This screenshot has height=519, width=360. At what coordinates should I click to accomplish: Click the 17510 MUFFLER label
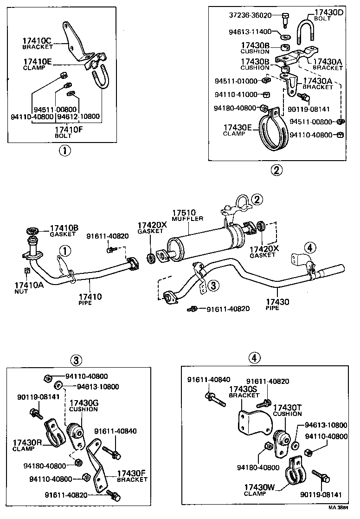tap(186, 215)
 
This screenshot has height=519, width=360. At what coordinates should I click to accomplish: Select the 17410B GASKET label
tap(64, 230)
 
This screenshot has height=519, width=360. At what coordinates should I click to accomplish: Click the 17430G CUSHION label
tap(83, 406)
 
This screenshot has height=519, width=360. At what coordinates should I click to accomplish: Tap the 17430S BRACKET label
tap(244, 392)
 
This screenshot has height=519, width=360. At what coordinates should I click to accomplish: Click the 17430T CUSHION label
tap(287, 410)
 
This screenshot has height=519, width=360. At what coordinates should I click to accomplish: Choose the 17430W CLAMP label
tap(260, 490)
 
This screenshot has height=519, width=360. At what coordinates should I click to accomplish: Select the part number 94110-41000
tap(236, 95)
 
